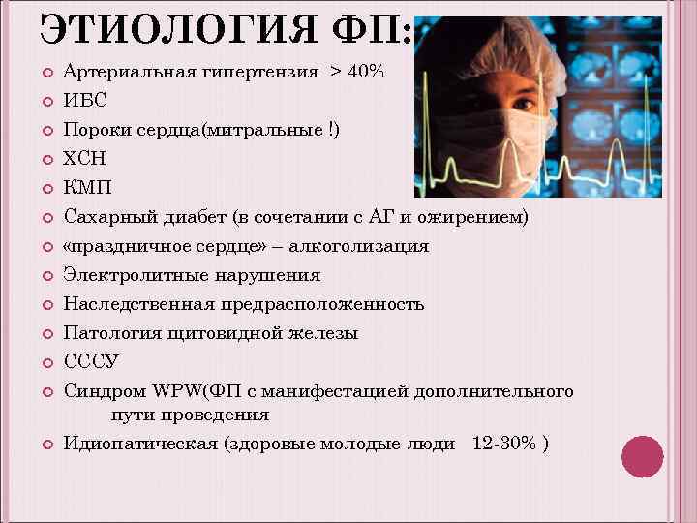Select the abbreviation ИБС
pos(85,100)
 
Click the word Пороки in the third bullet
pos(93,129)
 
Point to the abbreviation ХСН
pos(86,158)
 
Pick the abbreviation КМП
pos(87,187)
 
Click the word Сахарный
pos(105,216)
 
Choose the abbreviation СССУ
pos(91,362)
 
